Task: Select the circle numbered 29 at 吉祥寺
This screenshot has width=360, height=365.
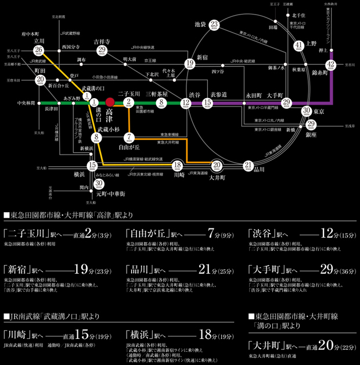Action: (x=102, y=51)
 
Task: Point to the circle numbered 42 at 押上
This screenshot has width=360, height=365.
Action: (x=331, y=65)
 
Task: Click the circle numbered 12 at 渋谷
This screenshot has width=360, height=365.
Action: (x=186, y=103)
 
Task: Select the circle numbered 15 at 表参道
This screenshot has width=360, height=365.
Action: (x=208, y=103)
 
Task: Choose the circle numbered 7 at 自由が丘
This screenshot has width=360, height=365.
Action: (x=130, y=137)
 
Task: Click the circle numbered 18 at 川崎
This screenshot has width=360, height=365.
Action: (x=178, y=166)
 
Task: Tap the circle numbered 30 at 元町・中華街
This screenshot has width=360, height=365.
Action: (x=99, y=184)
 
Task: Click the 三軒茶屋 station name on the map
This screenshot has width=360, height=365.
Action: (x=157, y=94)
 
